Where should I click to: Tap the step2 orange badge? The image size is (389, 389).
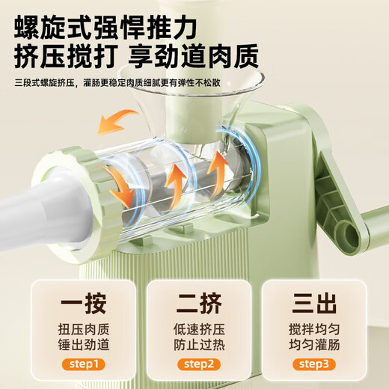pos(195,364)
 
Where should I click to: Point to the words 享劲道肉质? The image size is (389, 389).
pos(200,57)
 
